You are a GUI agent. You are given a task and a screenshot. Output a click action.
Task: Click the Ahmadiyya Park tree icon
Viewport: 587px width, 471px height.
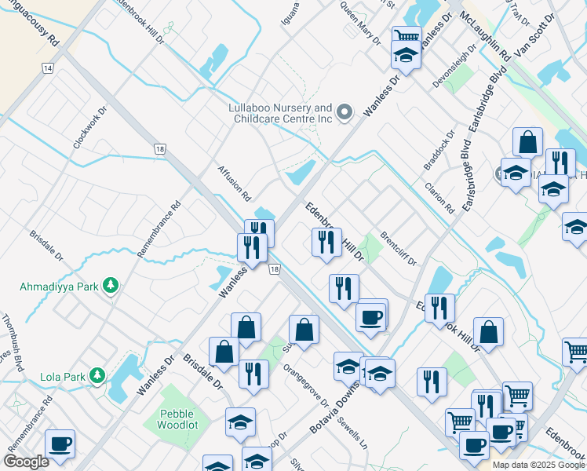[112, 286]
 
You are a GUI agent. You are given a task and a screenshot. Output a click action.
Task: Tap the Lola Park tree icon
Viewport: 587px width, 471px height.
[97, 377]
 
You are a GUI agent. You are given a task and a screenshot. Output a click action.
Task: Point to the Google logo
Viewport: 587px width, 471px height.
[26, 462]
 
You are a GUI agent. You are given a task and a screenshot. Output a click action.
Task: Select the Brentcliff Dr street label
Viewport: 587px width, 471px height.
[398, 247]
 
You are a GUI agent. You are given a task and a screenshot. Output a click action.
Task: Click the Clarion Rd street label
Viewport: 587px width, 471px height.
[439, 199]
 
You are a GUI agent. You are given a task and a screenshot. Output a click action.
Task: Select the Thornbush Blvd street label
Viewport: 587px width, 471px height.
[14, 338]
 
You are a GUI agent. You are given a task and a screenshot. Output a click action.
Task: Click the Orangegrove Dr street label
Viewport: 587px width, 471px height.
[305, 384]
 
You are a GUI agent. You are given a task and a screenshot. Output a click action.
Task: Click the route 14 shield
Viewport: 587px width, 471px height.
[49, 69]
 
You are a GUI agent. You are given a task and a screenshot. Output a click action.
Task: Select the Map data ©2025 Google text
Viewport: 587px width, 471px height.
[539, 465]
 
